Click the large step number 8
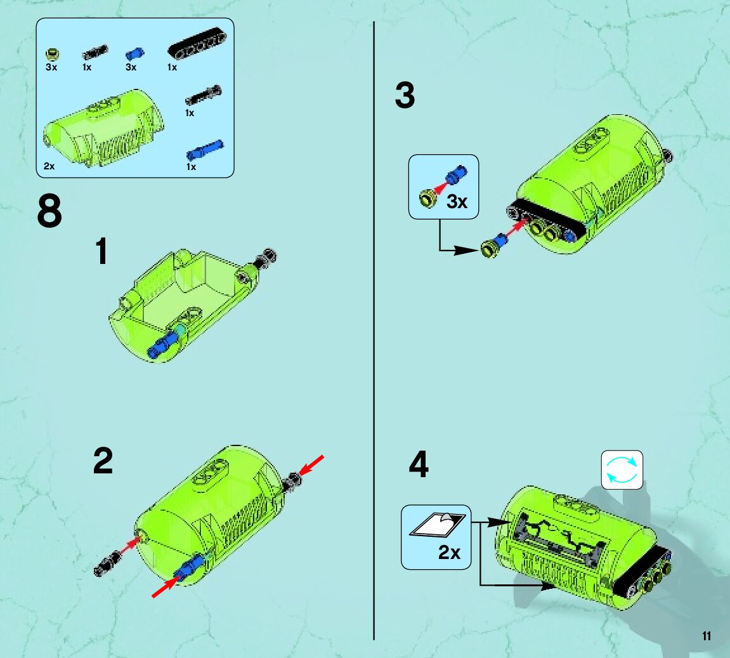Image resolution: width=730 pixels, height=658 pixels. [49, 211]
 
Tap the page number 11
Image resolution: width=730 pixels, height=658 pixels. [707, 636]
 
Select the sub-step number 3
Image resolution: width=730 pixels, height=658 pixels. [405, 95]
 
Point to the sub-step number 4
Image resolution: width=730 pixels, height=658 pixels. [419, 464]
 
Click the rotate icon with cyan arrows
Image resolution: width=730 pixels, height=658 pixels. [622, 470]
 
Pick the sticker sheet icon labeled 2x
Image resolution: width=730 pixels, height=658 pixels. [438, 524]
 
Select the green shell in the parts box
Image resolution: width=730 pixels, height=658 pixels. [104, 128]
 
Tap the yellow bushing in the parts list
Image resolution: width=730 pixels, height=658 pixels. [53, 55]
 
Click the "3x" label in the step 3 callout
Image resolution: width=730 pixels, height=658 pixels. [457, 202]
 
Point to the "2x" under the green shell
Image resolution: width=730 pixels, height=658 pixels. [49, 166]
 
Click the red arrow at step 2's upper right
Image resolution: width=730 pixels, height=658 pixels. [311, 465]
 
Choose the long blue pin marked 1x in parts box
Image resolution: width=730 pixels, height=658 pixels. [205, 150]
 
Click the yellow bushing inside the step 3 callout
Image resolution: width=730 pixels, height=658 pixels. [428, 198]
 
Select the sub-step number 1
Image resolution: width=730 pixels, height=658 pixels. [102, 251]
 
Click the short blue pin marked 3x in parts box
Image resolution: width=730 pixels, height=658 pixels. [134, 54]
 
